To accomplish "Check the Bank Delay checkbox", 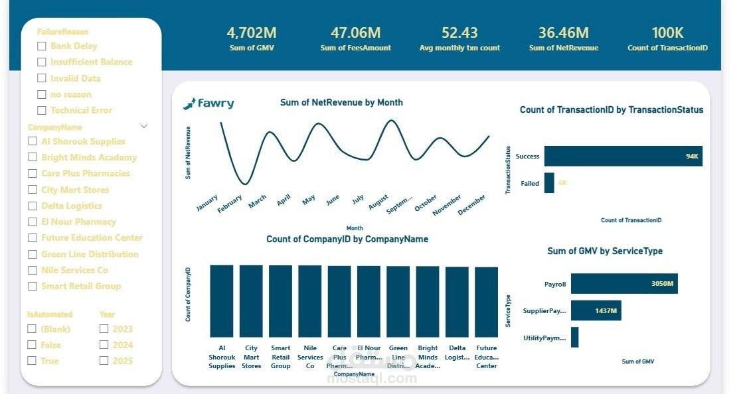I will pyautogui.click(x=42, y=46).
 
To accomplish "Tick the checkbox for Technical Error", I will pyautogui.click(x=42, y=111).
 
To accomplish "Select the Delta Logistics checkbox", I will pyautogui.click(x=33, y=206).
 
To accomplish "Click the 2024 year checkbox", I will pyautogui.click(x=104, y=345).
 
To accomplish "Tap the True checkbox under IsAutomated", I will pyautogui.click(x=32, y=361).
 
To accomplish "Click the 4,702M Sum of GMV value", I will pyautogui.click(x=252, y=33).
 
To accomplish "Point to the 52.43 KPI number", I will pyautogui.click(x=459, y=33).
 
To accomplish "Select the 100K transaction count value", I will pyautogui.click(x=667, y=33).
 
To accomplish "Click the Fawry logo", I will pyautogui.click(x=208, y=103).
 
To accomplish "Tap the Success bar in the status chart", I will pyautogui.click(x=623, y=157).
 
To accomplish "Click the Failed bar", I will pyautogui.click(x=549, y=183).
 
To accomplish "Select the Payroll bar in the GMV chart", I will pyautogui.click(x=624, y=284).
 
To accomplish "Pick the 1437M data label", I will pyautogui.click(x=606, y=310).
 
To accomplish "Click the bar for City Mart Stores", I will pyautogui.click(x=251, y=302).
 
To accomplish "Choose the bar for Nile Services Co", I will pyautogui.click(x=310, y=302).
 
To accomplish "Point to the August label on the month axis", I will pyautogui.click(x=378, y=202).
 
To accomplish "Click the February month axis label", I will pyautogui.click(x=230, y=204).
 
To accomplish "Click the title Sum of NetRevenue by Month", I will pyautogui.click(x=341, y=103).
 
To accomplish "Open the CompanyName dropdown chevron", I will pyautogui.click(x=144, y=126).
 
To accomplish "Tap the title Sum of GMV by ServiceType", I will pyautogui.click(x=605, y=251).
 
